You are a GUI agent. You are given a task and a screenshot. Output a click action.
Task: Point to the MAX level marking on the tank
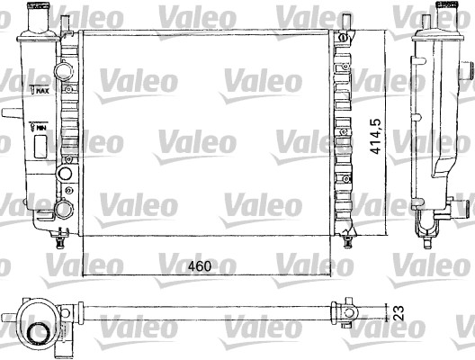(40, 89)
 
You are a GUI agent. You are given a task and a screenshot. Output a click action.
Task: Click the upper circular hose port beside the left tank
(63, 70)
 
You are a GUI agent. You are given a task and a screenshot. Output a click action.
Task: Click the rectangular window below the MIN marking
(40, 140)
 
